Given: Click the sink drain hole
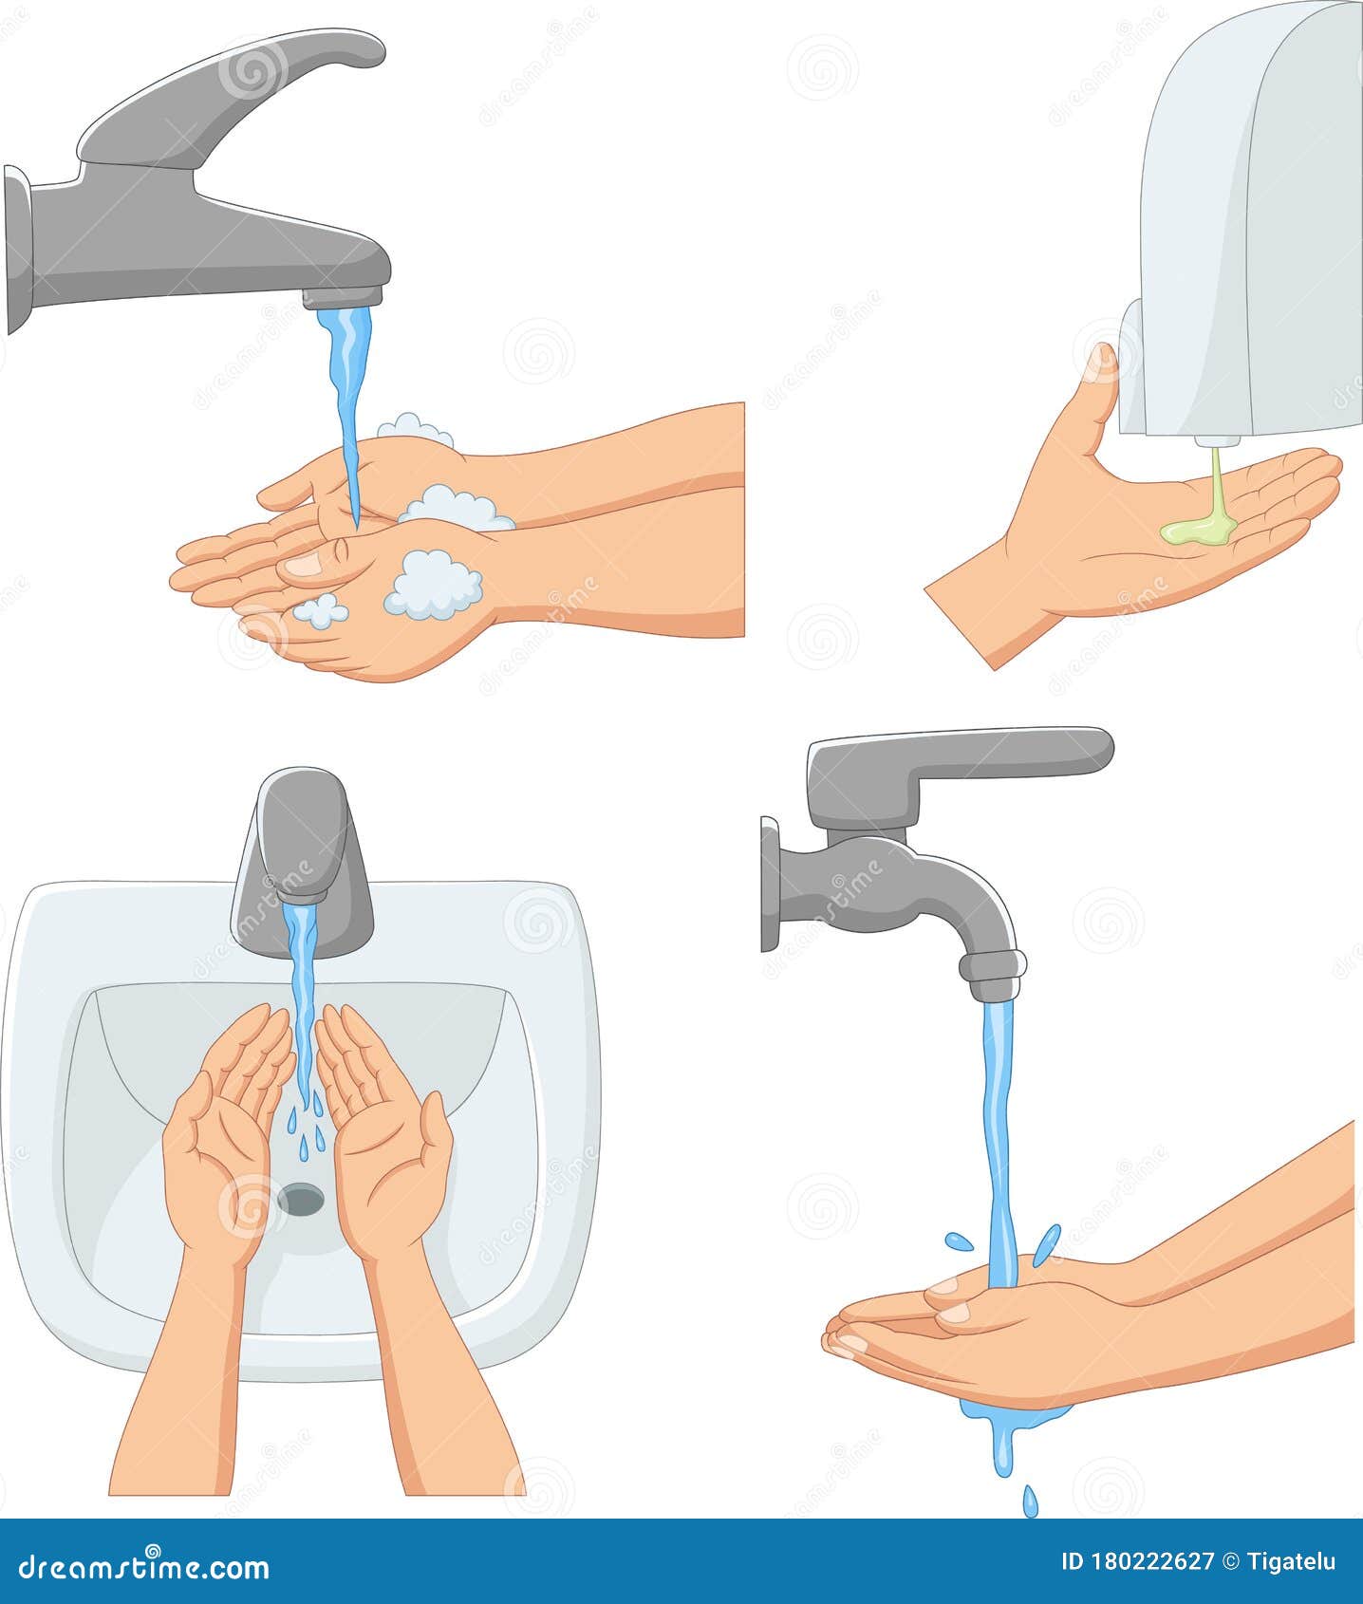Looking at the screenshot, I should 302,1199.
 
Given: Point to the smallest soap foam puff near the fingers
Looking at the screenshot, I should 320,610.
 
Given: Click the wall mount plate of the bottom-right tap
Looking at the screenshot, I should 770,884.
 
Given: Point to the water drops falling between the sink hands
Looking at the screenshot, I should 305,1128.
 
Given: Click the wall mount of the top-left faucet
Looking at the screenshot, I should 17,252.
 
